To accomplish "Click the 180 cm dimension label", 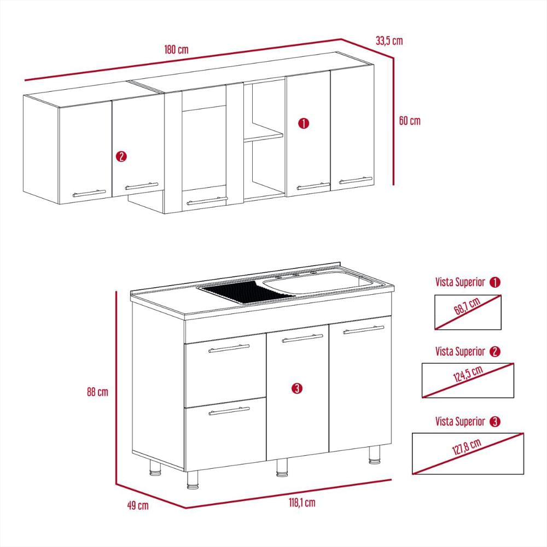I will [x=176, y=49].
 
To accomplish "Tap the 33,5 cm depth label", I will [x=389, y=40].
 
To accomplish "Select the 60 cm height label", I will [x=409, y=121].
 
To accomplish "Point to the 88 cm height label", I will [x=97, y=392].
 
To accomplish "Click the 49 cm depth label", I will [x=137, y=505].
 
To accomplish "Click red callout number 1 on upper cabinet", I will [x=304, y=123].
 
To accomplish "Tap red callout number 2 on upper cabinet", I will [x=121, y=156].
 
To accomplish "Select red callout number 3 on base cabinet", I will [x=296, y=388].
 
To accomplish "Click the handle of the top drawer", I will [x=229, y=348].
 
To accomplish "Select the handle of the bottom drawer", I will [x=229, y=411].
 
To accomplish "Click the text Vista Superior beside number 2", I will [x=460, y=351].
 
